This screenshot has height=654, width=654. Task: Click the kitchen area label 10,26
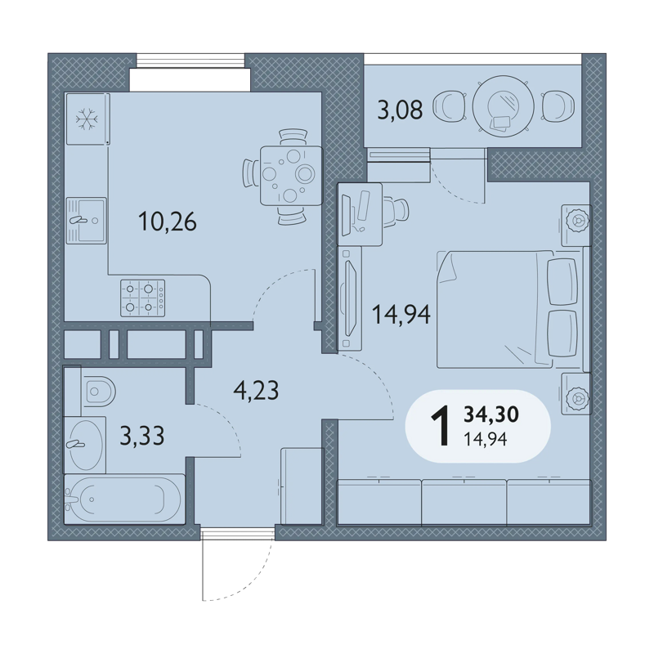(168, 222)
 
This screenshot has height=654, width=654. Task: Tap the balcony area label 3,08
(400, 110)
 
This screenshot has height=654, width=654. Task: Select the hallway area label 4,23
(256, 391)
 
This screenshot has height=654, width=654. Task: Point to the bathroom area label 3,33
(142, 436)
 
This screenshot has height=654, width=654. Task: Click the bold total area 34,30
(491, 414)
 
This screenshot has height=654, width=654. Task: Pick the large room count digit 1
(441, 426)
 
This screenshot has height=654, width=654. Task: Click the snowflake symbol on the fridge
(87, 119)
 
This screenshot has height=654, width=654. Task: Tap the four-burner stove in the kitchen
(142, 298)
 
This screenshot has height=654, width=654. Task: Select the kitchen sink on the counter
(87, 221)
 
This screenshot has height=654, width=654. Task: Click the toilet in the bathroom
(99, 392)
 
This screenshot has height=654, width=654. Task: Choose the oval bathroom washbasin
(86, 445)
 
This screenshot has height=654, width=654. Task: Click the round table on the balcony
(503, 106)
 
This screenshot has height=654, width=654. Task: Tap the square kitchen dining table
(291, 176)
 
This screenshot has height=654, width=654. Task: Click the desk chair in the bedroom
(396, 213)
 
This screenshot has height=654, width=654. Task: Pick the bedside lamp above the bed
(576, 225)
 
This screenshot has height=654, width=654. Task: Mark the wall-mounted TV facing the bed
(349, 298)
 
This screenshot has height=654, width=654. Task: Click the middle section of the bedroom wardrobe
(464, 502)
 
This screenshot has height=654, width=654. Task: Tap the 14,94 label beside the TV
(401, 315)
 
